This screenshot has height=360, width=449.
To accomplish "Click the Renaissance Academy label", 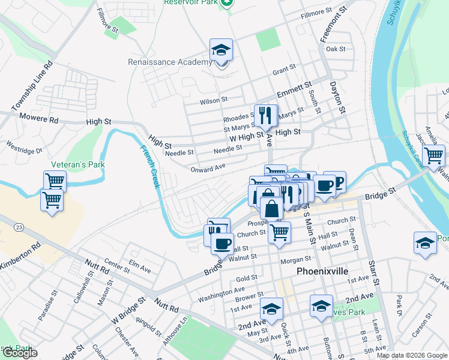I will click(x=170, y=62).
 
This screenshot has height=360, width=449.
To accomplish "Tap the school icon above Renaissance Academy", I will click(x=221, y=52).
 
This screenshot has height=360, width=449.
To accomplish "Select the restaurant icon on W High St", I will click(x=265, y=115).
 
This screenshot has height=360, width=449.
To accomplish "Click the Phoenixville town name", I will click(x=322, y=271).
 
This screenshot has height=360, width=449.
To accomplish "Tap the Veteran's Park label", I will click(x=79, y=164).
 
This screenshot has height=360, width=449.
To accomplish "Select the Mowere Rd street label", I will click(x=38, y=118).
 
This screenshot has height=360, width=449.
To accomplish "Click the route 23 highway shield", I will click(x=20, y=227).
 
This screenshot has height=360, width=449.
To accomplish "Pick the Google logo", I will click(x=19, y=353).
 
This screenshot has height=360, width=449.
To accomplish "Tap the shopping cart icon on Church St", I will click(x=279, y=232).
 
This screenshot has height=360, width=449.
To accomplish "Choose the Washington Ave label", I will click(x=221, y=294).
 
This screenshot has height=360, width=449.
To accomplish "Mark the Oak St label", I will click(x=336, y=49).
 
